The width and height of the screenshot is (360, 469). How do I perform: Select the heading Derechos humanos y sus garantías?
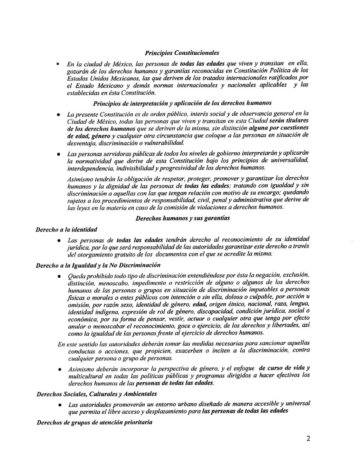[182, 219]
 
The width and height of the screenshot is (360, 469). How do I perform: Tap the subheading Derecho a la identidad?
[67, 228]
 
